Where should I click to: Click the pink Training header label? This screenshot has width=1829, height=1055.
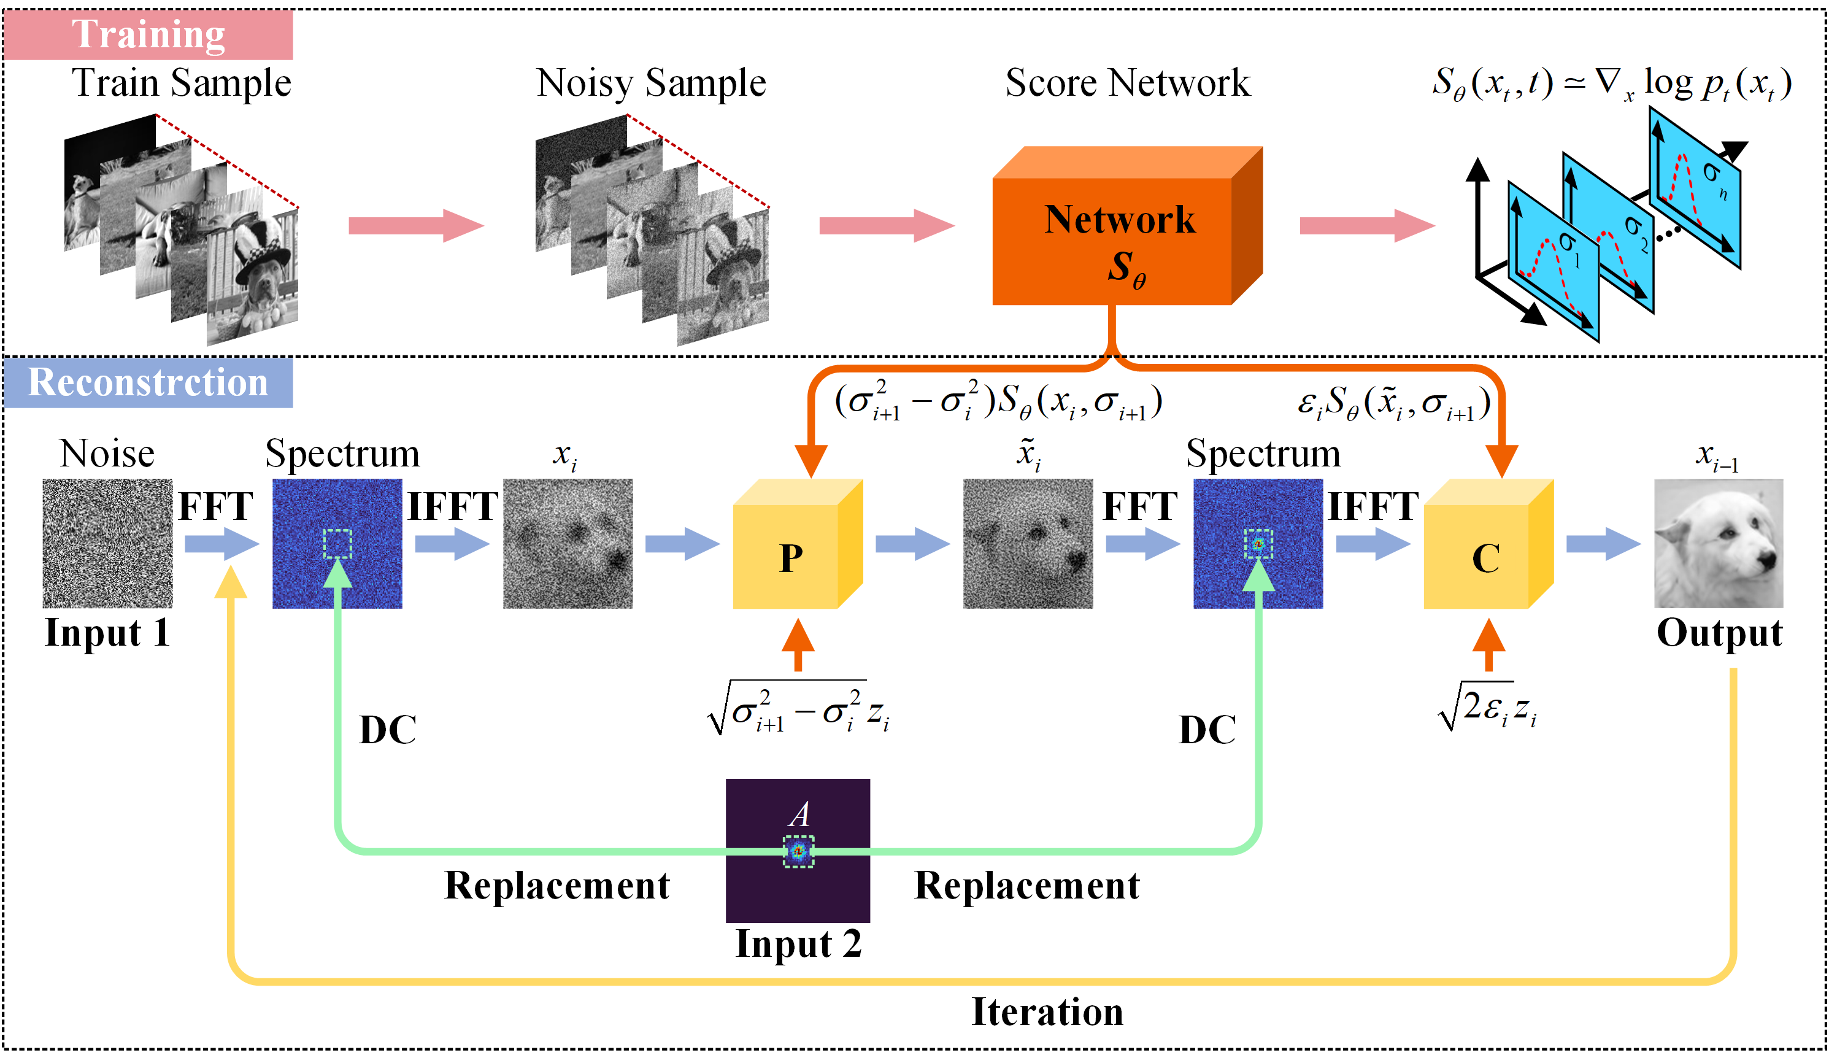(148, 34)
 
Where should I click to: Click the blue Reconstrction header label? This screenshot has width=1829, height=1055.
(148, 382)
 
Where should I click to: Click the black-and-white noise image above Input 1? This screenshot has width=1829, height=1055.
(107, 543)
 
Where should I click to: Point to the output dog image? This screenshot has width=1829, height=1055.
(1717, 543)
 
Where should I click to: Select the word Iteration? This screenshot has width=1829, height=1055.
(1047, 1011)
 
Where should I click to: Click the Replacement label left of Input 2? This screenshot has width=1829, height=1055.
(556, 886)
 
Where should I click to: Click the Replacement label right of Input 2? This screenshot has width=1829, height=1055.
(1026, 886)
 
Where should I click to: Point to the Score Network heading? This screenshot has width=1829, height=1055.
(1127, 83)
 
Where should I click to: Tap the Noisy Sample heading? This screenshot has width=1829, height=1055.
(650, 83)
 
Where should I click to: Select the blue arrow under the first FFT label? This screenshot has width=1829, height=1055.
(221, 543)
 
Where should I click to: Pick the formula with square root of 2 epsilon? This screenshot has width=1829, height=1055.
(1487, 708)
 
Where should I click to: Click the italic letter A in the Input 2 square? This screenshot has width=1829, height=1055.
(799, 814)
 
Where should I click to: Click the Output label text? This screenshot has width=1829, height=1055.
(1719, 633)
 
